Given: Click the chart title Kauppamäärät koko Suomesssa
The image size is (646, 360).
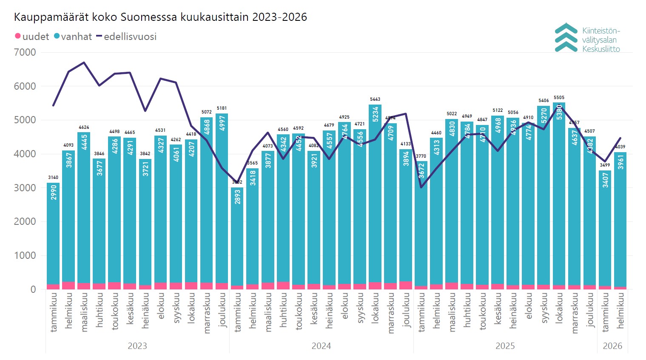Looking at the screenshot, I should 160,17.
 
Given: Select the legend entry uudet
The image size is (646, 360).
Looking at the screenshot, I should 32,37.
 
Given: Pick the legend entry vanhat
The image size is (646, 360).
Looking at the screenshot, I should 73,37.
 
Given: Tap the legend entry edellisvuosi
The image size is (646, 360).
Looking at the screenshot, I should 127,37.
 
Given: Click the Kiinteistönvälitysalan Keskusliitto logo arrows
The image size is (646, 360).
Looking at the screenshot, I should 566,37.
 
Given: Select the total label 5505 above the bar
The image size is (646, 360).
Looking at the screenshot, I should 559,98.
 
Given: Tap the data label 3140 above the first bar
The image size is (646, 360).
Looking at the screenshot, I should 53,178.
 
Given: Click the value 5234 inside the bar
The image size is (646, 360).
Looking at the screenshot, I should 376,114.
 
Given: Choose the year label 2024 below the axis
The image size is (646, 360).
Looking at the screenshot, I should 321,346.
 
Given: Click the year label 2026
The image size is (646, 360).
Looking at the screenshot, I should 612,346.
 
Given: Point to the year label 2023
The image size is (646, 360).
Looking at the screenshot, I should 137,346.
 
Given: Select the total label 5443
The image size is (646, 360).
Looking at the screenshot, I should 375,99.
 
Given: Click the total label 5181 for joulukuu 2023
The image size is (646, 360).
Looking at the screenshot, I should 222,108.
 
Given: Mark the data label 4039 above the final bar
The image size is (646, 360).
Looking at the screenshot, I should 620,147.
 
